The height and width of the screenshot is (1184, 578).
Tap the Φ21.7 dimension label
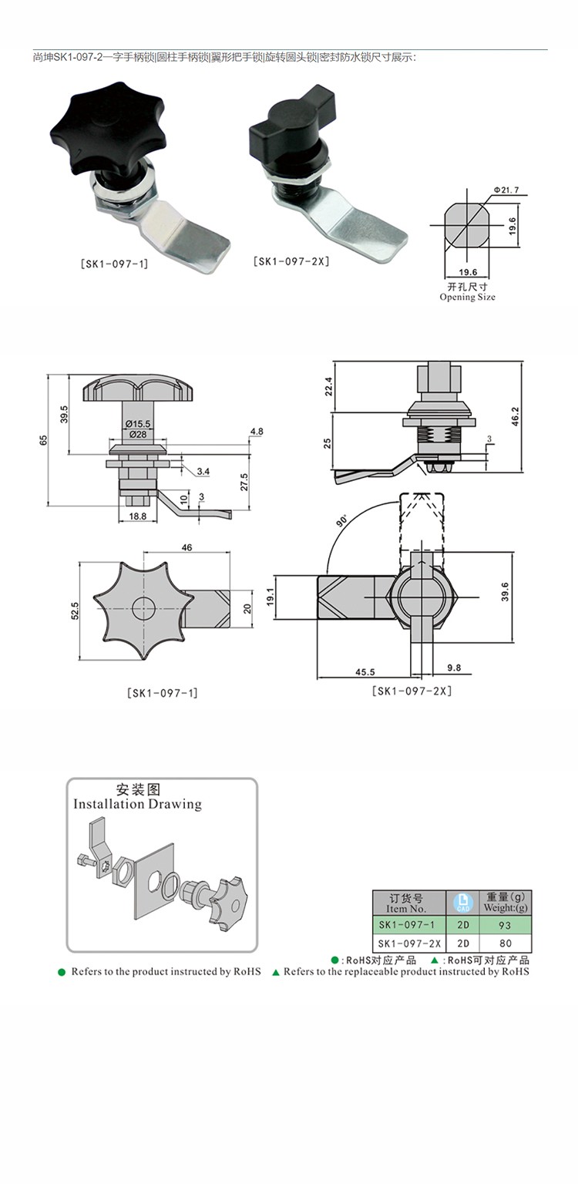pyautogui.click(x=506, y=190)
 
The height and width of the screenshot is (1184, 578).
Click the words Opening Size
pyautogui.click(x=467, y=297)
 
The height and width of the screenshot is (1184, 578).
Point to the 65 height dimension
pyautogui.click(x=44, y=439)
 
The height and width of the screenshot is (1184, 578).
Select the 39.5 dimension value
pyautogui.click(x=65, y=414)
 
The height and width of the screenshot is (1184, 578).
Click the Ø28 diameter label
pyautogui.click(x=138, y=434)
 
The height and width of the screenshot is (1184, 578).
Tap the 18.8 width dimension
pyautogui.click(x=138, y=516)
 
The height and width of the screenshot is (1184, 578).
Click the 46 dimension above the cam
pyautogui.click(x=187, y=547)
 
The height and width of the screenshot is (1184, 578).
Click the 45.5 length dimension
pyautogui.click(x=365, y=672)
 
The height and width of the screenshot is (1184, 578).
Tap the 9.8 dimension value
pyautogui.click(x=454, y=668)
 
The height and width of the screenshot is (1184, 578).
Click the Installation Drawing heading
pyautogui.click(x=137, y=804)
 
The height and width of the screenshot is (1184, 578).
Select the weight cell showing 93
pyautogui.click(x=505, y=925)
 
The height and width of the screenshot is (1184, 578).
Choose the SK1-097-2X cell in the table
pyautogui.click(x=409, y=943)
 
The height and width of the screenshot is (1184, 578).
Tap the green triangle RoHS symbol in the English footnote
pyautogui.click(x=276, y=972)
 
